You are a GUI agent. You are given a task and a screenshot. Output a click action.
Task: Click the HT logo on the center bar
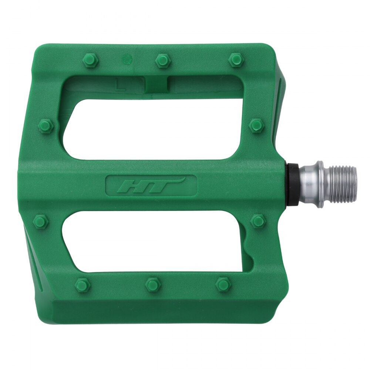[151, 185]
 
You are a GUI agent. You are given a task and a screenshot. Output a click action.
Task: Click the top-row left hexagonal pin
[90, 60]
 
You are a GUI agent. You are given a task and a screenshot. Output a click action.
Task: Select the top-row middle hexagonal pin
[163, 60]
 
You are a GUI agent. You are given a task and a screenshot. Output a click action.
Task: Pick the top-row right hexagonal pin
[236, 60]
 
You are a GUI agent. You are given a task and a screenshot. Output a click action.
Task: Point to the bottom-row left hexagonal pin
[82, 285]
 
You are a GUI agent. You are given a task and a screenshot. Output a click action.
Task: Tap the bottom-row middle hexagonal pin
[152, 285]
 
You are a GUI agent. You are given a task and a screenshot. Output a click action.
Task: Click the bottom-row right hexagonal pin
[223, 284]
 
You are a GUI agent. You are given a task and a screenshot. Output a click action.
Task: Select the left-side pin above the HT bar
[46, 126]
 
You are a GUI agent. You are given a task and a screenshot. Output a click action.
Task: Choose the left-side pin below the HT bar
[41, 221]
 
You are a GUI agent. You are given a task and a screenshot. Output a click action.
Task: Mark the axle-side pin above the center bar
[256, 125]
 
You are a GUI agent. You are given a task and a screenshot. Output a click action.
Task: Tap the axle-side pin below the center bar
[258, 221]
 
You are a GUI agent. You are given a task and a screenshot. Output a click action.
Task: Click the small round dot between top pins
[127, 58]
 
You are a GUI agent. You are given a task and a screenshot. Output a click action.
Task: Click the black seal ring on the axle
[293, 184]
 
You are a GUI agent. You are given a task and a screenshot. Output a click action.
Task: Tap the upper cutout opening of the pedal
[155, 129]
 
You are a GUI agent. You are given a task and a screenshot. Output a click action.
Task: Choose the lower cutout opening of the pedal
[152, 240]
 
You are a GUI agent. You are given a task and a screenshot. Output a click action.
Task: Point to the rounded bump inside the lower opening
[247, 242]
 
